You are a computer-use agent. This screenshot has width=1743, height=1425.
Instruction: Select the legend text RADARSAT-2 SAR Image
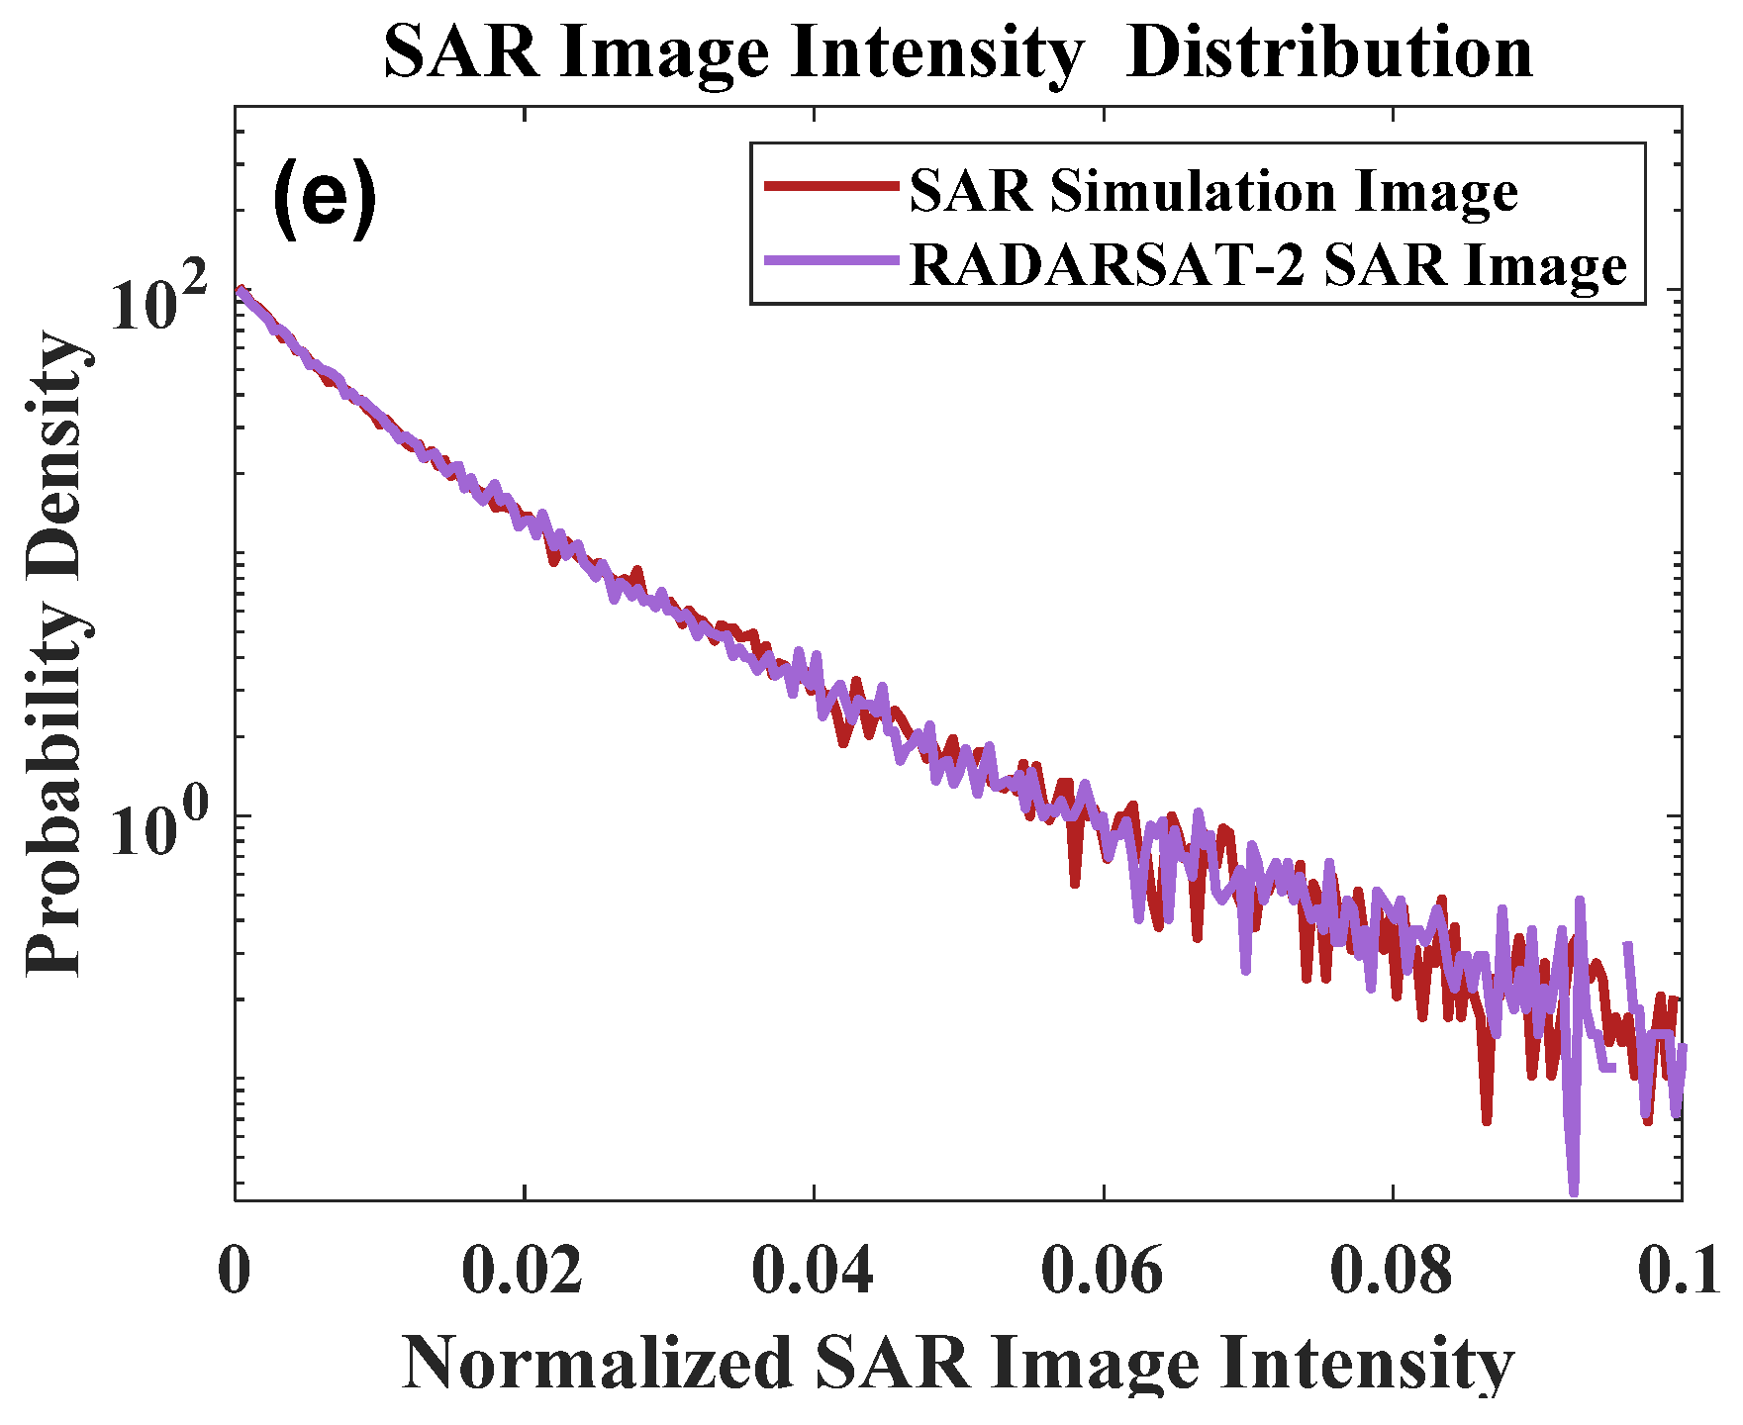[x=1268, y=264]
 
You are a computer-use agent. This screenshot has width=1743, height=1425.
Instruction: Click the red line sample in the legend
[x=830, y=185]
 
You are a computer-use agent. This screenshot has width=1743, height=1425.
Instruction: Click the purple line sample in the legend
[x=830, y=260]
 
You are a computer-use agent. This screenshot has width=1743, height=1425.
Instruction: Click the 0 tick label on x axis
[x=235, y=1271]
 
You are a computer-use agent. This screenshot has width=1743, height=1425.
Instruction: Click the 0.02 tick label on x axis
[x=523, y=1271]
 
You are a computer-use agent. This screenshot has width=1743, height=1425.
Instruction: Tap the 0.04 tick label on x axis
[x=813, y=1271]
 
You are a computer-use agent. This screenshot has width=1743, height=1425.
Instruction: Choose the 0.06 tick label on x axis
[x=1102, y=1271]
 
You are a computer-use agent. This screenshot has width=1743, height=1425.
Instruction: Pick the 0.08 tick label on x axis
[x=1391, y=1271]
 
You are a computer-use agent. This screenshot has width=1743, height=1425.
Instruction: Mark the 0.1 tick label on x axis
[x=1679, y=1271]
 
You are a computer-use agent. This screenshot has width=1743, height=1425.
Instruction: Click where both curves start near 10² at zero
[x=240, y=291]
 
